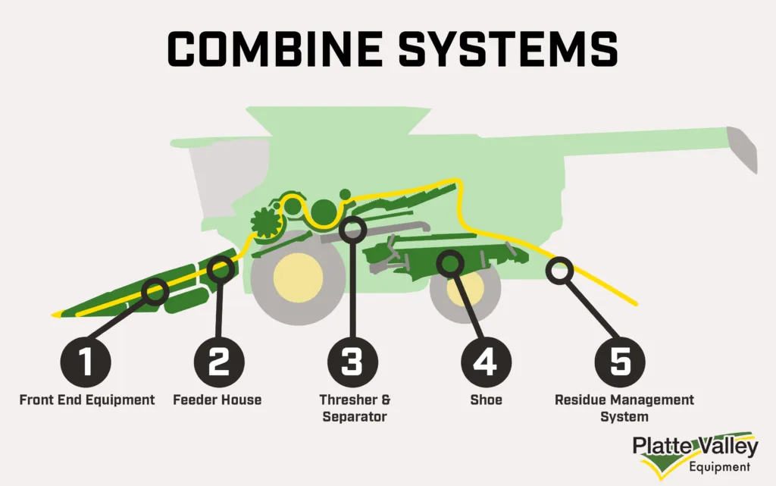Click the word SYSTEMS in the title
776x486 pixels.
[500, 49]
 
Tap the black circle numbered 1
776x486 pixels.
[86, 362]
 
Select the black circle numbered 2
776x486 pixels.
[218, 362]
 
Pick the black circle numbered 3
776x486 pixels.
[352, 362]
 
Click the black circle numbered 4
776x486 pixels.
[486, 362]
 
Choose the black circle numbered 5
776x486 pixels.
[619, 362]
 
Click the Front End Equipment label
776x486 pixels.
[86, 400]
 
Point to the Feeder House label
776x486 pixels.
[217, 400]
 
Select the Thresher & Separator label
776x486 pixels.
[352, 408]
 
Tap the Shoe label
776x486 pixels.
[486, 400]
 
